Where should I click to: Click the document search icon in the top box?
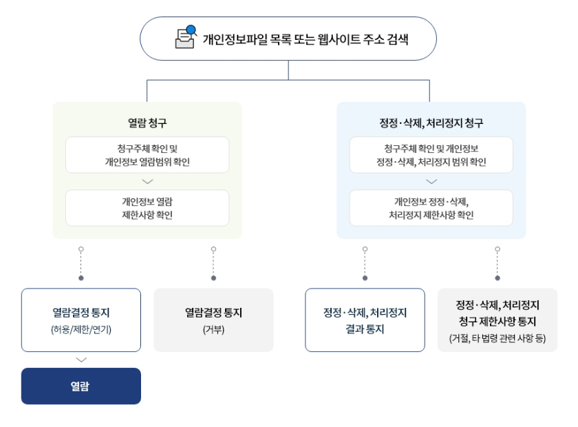click(186, 37)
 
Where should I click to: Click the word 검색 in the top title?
click(398, 39)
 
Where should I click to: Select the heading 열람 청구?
click(147, 123)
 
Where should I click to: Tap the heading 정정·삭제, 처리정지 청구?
click(431, 123)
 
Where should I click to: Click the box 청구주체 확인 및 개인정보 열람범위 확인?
click(147, 155)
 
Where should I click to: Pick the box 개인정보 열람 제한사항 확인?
click(147, 208)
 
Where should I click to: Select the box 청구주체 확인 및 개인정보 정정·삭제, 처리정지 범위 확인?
click(431, 155)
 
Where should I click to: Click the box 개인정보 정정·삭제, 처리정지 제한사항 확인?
click(431, 208)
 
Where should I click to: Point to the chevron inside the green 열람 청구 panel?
click(147, 182)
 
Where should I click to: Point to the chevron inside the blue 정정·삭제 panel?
click(431, 182)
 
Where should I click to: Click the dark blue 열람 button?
click(81, 386)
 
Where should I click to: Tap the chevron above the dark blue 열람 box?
click(81, 360)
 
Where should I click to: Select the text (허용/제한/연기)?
click(81, 329)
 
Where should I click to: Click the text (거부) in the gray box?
click(213, 329)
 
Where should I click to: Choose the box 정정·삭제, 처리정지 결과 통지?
click(365, 320)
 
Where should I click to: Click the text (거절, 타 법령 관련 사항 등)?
click(497, 338)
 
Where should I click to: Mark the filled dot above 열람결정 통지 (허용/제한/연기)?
click(81, 278)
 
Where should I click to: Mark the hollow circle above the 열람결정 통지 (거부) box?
click(213, 249)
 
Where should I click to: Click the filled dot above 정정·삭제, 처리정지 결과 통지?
click(365, 278)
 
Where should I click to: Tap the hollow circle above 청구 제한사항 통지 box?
click(497, 249)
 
